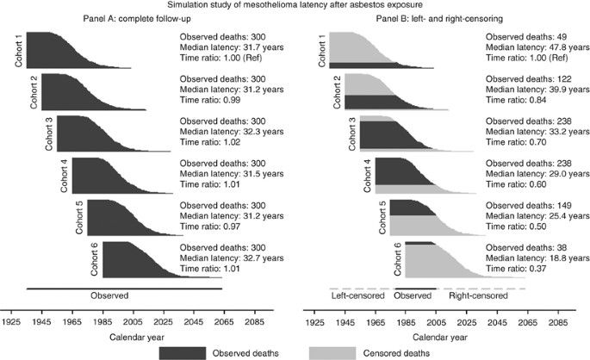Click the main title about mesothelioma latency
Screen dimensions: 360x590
click(x=295, y=6)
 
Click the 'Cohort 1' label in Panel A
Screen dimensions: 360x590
click(x=19, y=51)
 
